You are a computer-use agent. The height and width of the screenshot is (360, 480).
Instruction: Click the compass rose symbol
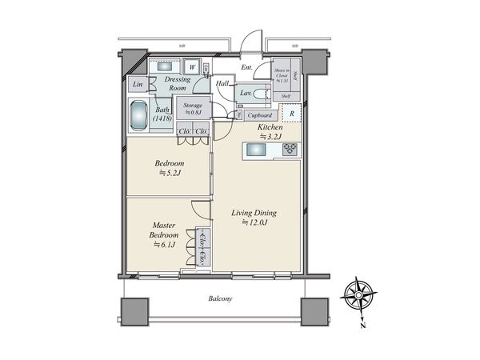(x=358, y=295)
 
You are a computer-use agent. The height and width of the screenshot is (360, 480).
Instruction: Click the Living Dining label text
(x=254, y=218)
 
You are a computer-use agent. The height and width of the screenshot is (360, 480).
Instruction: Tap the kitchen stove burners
(x=290, y=149)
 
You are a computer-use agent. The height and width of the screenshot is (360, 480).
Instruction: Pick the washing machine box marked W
(x=193, y=68)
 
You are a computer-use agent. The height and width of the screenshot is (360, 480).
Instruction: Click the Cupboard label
(x=262, y=115)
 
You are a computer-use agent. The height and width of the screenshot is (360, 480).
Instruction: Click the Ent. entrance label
(x=246, y=68)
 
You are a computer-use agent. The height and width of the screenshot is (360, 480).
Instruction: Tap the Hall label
(x=222, y=82)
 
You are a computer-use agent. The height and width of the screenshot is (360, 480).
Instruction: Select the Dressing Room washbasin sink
(x=166, y=67)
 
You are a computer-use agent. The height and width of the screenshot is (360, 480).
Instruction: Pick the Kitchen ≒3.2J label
(x=270, y=131)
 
